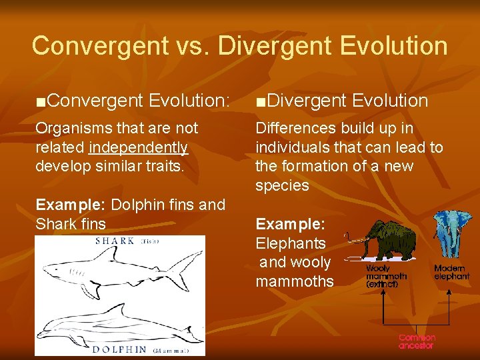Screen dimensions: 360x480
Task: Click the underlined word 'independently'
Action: (x=138, y=147)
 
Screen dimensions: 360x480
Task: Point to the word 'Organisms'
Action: (x=73, y=128)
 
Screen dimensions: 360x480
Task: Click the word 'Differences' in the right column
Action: (x=295, y=128)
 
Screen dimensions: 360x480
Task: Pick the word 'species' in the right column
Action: (x=282, y=185)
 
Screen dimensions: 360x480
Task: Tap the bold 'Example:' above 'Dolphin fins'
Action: (x=63, y=205)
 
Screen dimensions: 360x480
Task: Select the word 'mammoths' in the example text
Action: (x=294, y=281)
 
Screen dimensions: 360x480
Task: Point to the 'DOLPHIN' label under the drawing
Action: (x=120, y=349)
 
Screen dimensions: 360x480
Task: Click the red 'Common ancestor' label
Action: (x=417, y=341)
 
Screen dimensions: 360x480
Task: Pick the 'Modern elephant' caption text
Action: (x=451, y=272)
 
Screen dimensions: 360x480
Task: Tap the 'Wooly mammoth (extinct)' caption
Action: (x=386, y=276)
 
